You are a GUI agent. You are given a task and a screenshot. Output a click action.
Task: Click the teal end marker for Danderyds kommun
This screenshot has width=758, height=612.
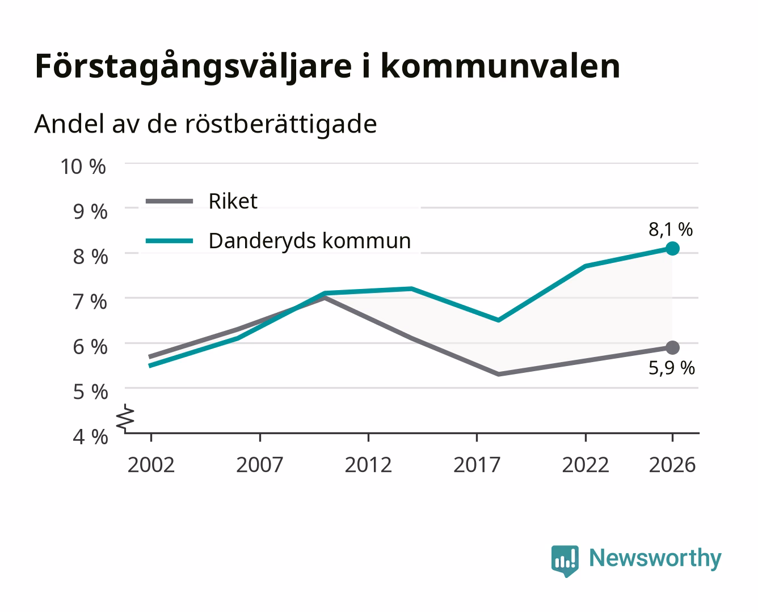click(672, 248)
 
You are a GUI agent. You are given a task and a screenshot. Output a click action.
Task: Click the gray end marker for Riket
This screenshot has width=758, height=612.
click(672, 347)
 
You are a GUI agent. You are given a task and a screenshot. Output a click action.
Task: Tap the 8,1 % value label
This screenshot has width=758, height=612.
click(671, 229)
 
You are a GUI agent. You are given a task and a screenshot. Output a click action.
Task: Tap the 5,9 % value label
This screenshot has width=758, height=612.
click(672, 368)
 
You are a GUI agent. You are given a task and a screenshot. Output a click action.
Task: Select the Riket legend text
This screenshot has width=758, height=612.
click(233, 201)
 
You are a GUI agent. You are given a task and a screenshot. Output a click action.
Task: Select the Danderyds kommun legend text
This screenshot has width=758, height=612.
click(310, 241)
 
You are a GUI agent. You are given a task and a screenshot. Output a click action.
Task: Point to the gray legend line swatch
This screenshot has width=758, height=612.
click(170, 202)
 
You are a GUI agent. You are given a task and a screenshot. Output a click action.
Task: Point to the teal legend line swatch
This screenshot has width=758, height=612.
click(170, 241)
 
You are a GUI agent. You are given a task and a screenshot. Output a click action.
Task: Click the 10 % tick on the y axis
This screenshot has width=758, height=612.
click(83, 167)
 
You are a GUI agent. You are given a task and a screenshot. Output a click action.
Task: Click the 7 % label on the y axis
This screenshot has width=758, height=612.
click(90, 302)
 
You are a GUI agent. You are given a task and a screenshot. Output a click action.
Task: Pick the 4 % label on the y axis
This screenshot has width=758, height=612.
click(90, 437)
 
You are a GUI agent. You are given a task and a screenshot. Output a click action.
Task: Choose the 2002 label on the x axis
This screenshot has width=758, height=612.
click(151, 465)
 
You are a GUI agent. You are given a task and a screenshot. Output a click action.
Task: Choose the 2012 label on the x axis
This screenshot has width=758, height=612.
click(368, 465)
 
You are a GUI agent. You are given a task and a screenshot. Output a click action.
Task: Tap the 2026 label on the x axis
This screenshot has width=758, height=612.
click(672, 465)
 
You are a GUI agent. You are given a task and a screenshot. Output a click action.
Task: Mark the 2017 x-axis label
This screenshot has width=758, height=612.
click(477, 465)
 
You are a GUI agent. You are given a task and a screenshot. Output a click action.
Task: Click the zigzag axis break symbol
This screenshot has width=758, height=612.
click(125, 418)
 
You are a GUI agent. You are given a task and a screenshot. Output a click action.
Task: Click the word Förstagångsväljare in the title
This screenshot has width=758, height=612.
click(193, 66)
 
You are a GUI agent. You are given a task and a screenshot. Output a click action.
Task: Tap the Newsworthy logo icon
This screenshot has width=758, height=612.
click(565, 561)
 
